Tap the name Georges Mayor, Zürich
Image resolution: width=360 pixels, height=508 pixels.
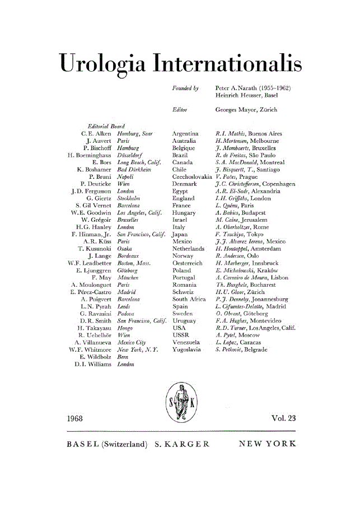pyautogui.click(x=246, y=110)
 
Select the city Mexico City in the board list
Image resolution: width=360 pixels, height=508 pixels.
pyautogui.click(x=130, y=341)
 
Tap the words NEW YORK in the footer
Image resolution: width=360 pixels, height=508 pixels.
pyautogui.click(x=267, y=444)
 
